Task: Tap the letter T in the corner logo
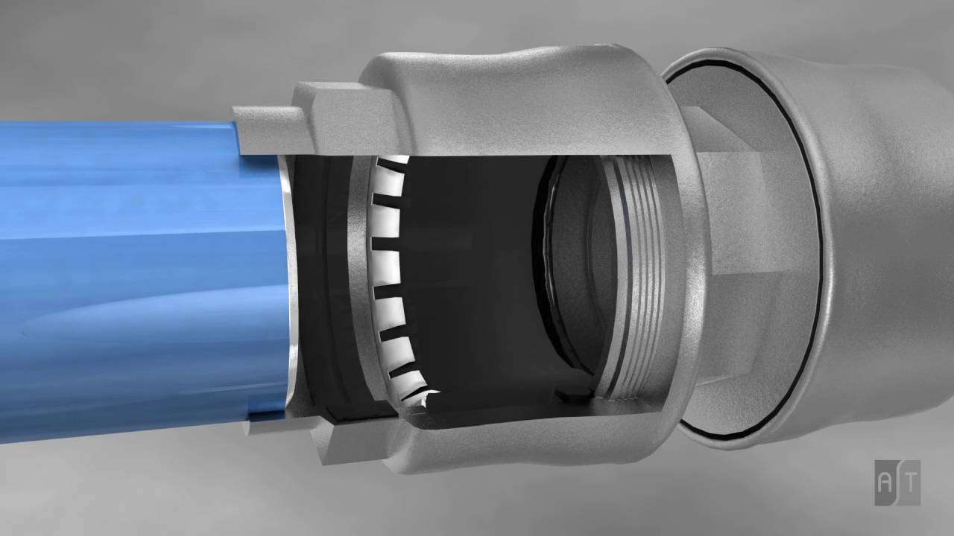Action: (909, 482)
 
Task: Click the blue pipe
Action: (134, 283)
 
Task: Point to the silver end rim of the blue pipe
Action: (292, 298)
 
